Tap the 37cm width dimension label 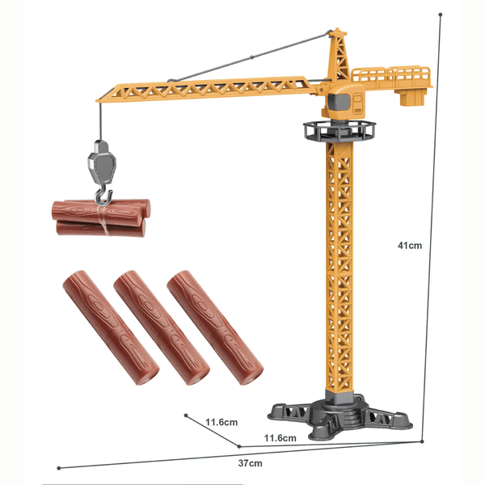pyautogui.click(x=250, y=463)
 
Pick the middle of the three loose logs pyautogui.click(x=162, y=327)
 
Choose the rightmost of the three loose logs pyautogui.click(x=214, y=327)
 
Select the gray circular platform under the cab pyautogui.click(x=339, y=129)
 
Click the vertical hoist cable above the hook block pyautogui.click(x=99, y=121)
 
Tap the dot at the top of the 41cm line pyautogui.click(x=440, y=14)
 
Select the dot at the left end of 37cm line pyautogui.click(x=58, y=467)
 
